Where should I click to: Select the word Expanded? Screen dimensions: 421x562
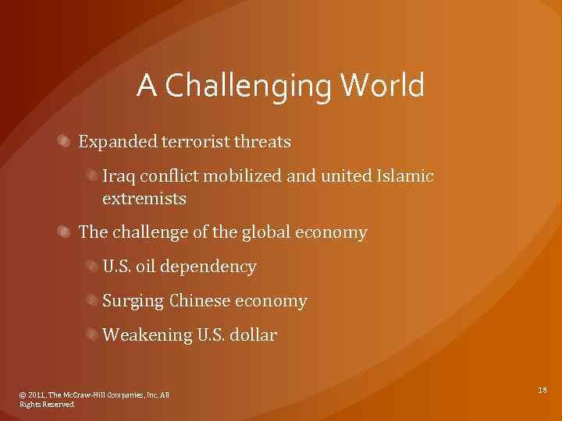coord(117,142)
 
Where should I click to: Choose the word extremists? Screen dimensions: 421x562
coord(144,199)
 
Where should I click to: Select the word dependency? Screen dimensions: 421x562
coord(218,267)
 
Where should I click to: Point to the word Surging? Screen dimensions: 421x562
coord(133,301)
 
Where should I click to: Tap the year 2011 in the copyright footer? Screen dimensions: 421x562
coord(37,395)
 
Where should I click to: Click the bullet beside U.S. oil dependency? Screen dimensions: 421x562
coord(91,267)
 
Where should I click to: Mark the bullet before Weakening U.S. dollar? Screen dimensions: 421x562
coord(91,335)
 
